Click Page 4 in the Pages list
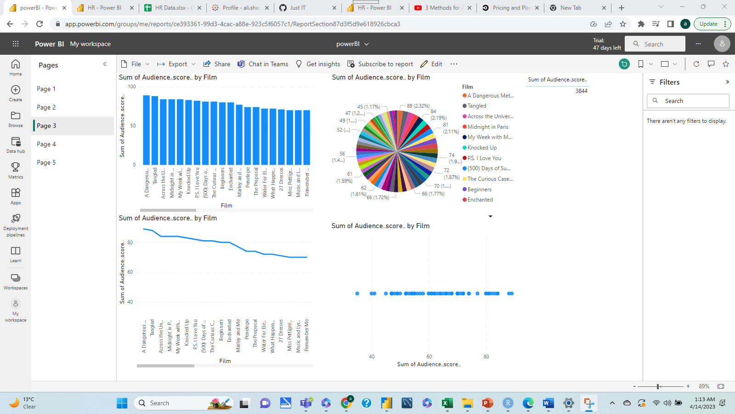[x=46, y=144]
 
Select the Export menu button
[x=177, y=64]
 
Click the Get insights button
[x=318, y=64]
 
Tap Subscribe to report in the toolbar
[x=380, y=64]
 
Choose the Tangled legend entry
[x=476, y=106]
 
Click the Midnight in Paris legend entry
[x=487, y=127]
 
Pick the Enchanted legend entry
[x=480, y=200]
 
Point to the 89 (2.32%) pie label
[x=418, y=106]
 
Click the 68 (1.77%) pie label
[x=433, y=194]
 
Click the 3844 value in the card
[x=581, y=91]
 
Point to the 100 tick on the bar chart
[x=132, y=86]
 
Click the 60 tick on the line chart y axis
[x=130, y=272]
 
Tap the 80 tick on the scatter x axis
[x=486, y=356]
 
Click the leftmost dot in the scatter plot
[x=357, y=293]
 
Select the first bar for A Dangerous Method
[x=147, y=130]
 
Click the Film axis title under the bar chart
[x=226, y=206]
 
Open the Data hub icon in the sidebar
[x=16, y=144]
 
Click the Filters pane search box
[x=688, y=101]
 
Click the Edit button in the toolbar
[x=431, y=64]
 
